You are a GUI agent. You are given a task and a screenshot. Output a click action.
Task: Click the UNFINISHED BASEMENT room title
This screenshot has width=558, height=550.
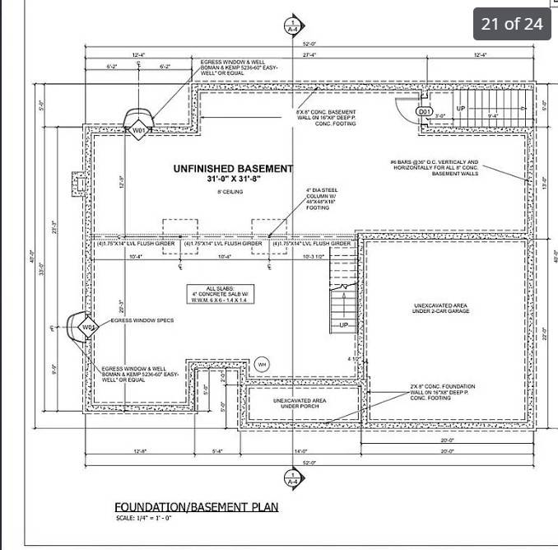(x=233, y=169)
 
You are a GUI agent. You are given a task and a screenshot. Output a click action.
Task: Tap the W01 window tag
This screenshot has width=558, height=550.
(x=139, y=130)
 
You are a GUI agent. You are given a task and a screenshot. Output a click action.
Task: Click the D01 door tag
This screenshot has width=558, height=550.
(x=424, y=111)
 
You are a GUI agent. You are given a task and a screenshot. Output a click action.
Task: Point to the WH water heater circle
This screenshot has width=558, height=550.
(x=262, y=363)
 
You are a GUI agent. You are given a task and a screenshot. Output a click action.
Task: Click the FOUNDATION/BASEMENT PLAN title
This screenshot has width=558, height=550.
(x=196, y=506)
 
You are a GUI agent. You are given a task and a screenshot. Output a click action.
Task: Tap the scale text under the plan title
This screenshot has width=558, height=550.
(x=143, y=518)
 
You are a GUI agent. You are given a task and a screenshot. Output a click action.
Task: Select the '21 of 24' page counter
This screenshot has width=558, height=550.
(x=512, y=23)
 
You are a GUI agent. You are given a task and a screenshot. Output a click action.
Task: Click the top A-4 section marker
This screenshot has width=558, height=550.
(x=292, y=26)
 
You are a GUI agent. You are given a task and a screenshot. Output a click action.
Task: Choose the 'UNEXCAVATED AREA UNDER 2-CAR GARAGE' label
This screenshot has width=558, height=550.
(x=441, y=309)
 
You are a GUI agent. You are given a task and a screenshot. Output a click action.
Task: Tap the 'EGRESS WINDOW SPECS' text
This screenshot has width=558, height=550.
(x=142, y=320)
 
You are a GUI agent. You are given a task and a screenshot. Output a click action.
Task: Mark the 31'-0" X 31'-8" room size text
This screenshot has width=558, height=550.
(x=233, y=179)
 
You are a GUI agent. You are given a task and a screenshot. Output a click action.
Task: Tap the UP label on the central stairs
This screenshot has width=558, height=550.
(x=344, y=325)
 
